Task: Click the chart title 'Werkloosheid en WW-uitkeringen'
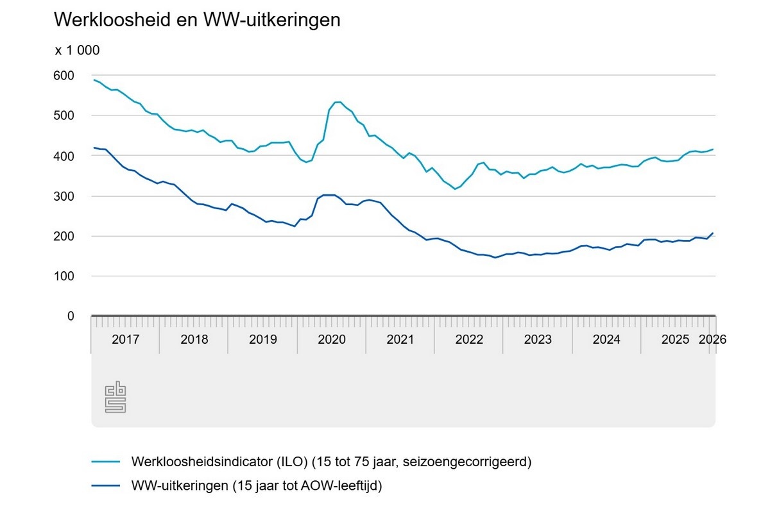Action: pyautogui.click(x=197, y=20)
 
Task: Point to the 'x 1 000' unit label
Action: pyautogui.click(x=77, y=51)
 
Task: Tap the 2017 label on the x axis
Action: pyautogui.click(x=125, y=339)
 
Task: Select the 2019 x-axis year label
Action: pyautogui.click(x=262, y=339)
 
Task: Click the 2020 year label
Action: pyautogui.click(x=332, y=339)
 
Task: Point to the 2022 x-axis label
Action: pyautogui.click(x=469, y=339)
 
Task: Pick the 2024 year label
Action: pyautogui.click(x=606, y=339)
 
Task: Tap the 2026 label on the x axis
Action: pyautogui.click(x=712, y=339)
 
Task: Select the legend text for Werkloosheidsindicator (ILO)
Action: pyautogui.click(x=332, y=461)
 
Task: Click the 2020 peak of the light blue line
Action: pyautogui.click(x=338, y=102)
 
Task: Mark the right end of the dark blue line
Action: pyautogui.click(x=713, y=233)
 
